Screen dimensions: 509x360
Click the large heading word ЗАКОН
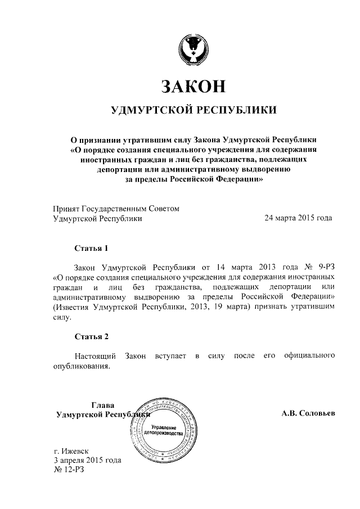tap(193, 85)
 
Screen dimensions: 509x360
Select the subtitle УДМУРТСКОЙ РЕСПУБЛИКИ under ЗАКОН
tap(194, 110)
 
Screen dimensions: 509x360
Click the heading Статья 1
tap(91, 247)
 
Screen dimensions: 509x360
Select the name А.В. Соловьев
tap(308, 413)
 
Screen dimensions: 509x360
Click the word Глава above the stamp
tap(102, 404)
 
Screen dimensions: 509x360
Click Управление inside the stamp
tap(164, 428)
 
